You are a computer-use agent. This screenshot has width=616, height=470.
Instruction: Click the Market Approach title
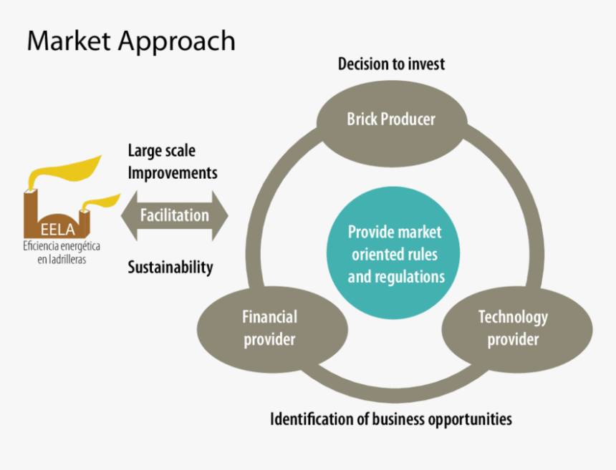coord(131,41)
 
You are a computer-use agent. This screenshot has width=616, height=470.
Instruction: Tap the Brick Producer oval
coord(391,119)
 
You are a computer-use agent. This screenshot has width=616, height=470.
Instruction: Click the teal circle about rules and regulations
coord(395,255)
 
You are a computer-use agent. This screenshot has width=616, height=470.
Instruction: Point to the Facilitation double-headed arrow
coord(175,215)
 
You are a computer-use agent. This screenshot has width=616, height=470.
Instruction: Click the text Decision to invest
coord(391,64)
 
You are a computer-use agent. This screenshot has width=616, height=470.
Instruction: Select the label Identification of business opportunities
coord(391,418)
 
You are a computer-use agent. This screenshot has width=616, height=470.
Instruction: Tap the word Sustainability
coord(170,268)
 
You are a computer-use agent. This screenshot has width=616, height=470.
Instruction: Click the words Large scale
coord(161,151)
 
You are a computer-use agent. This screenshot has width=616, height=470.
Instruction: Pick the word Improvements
coord(173,173)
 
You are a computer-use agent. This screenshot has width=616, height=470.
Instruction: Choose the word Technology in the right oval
coord(513,317)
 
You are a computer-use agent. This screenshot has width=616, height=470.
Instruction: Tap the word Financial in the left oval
coord(269,317)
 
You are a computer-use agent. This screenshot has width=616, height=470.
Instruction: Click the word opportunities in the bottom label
coord(470,418)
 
